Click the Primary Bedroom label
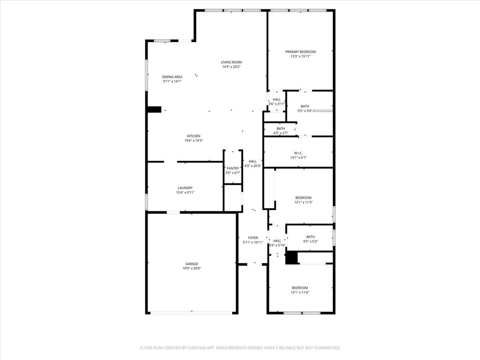[x=300, y=52]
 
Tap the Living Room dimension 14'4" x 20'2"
[x=232, y=67]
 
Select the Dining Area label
[x=172, y=77]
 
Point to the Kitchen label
[x=194, y=136]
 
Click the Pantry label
[x=233, y=168]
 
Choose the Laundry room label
[x=185, y=188]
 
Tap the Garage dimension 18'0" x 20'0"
[x=191, y=269]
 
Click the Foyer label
[x=253, y=238]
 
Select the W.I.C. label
[x=298, y=153]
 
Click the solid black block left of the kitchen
[x=154, y=110]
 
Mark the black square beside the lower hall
[x=292, y=258]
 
